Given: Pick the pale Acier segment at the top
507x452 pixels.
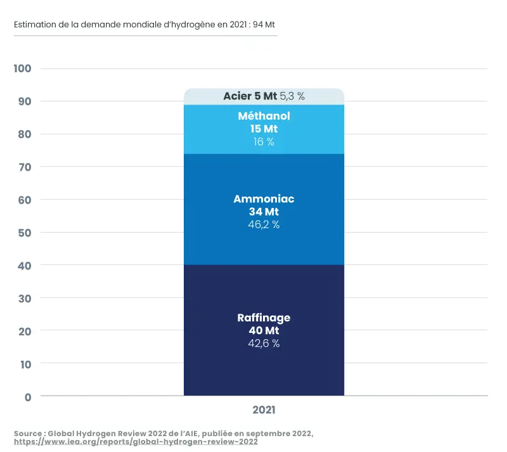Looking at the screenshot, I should [203, 96].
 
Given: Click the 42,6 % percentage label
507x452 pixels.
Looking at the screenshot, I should [264, 344].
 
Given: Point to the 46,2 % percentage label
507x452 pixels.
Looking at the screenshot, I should [264, 224].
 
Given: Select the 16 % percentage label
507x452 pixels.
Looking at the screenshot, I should [264, 142].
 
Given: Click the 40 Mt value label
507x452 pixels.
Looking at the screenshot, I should [264, 331].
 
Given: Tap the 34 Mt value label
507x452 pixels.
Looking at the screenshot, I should [264, 212].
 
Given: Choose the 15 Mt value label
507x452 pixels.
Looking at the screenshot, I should [264, 129].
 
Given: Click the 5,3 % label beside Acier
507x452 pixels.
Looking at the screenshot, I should [292, 96].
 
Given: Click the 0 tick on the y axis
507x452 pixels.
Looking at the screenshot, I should [27, 397].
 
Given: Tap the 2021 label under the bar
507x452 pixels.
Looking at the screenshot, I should [264, 410].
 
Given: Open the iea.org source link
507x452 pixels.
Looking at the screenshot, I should [136, 442].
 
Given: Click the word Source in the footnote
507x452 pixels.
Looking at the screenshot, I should [28, 433].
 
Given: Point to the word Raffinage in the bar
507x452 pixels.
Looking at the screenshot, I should [264, 318].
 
